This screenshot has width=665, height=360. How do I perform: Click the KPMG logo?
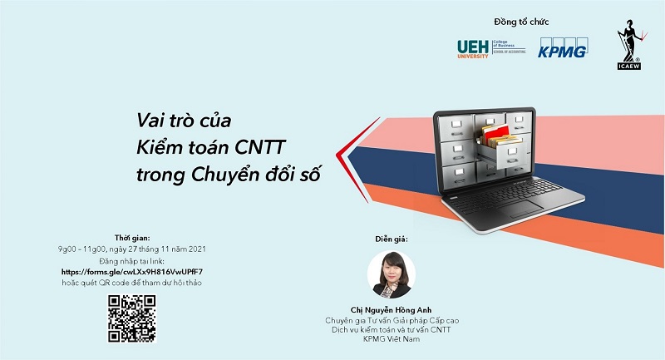coord(563,48)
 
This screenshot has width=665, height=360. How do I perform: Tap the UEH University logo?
coord(491,49)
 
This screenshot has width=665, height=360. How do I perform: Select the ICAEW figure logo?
coord(630,44)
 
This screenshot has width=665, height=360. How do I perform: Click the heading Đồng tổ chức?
coord(521,22)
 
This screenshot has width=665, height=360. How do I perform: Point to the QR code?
coord(132,318)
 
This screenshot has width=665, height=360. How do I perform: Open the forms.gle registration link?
coord(132,272)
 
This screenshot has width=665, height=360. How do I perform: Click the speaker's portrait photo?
coord(391,274)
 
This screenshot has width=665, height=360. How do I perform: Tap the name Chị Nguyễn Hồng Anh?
coord(391,310)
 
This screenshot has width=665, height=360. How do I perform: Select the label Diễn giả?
coord(391,239)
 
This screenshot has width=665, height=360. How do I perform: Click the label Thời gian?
coord(132,238)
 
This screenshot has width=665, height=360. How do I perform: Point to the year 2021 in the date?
coord(196,249)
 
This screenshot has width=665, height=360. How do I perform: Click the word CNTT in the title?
coord(260,147)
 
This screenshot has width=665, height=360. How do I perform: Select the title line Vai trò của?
coord(184,121)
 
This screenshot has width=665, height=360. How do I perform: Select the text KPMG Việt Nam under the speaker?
coord(391,338)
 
